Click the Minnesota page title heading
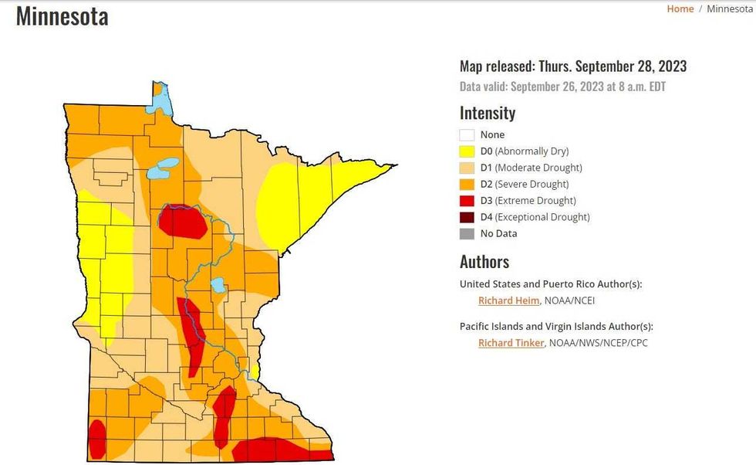tap(62, 16)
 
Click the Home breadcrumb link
tap(680, 8)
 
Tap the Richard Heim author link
tap(508, 300)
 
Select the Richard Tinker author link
tap(511, 343)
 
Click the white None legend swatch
tap(467, 135)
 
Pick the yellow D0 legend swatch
tap(467, 151)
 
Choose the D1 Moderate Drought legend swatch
tap(467, 168)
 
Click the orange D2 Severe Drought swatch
tap(467, 185)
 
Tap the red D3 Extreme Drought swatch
tap(467, 201)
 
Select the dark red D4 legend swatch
tap(467, 217)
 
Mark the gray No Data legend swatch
tap(467, 233)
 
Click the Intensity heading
tap(488, 113)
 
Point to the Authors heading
tap(484, 262)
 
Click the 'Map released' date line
tap(573, 66)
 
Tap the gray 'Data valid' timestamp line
tap(562, 87)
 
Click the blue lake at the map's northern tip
tap(161, 100)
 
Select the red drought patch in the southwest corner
tap(97, 440)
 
